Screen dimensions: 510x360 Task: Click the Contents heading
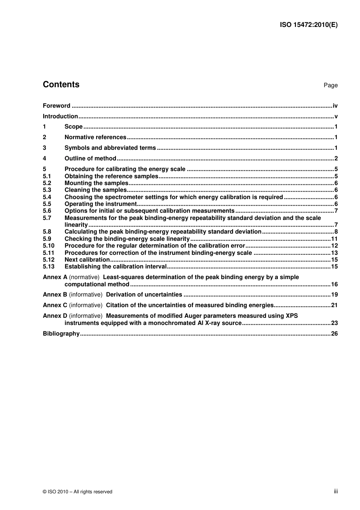coord(61,85)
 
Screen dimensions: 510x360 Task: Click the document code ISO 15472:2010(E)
coord(308,25)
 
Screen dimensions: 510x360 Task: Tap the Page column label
coord(330,85)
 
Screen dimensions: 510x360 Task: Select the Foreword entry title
coord(56,106)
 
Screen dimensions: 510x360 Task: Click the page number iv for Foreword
coord(335,106)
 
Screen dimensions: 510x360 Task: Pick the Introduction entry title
coord(60,116)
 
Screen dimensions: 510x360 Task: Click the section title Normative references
coord(95,137)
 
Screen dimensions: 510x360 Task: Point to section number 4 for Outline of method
coord(44,158)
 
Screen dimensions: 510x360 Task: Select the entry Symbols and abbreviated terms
coord(110,148)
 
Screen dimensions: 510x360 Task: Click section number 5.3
coord(47,190)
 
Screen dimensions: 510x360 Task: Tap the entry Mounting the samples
coord(96,183)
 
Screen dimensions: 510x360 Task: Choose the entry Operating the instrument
coord(100,204)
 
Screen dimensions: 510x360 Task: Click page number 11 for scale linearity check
coord(334,239)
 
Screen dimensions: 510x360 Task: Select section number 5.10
coord(49,246)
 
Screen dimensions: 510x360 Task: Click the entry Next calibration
coord(87,260)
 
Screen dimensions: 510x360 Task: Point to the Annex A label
coord(55,277)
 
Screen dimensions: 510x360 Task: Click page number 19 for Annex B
coord(334,295)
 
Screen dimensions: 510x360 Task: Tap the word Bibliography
coord(61,334)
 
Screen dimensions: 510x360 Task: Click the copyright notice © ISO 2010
coord(78,492)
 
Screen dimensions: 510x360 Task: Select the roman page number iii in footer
coord(336,491)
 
